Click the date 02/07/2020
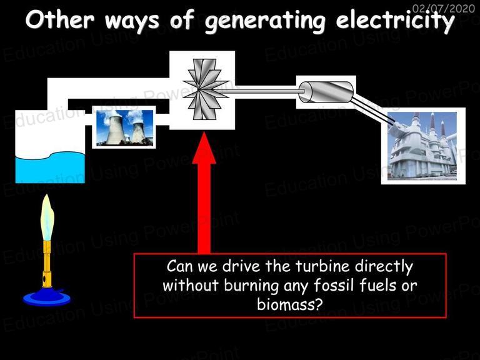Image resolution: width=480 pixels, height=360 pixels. [x=444, y=8]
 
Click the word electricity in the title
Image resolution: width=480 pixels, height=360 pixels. [x=395, y=21]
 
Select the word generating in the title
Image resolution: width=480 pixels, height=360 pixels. [x=265, y=21]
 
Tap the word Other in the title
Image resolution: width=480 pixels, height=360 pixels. [x=60, y=19]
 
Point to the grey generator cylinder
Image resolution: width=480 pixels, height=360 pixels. [x=326, y=92]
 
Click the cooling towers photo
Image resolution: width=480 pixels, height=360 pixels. [x=124, y=127]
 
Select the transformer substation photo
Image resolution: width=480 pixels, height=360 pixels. [x=422, y=146]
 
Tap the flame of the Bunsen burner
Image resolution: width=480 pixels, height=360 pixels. [x=47, y=217]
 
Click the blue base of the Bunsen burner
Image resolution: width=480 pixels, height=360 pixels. [x=46, y=297]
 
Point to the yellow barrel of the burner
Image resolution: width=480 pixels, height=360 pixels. [x=47, y=264]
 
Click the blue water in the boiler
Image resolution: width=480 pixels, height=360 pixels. [x=50, y=168]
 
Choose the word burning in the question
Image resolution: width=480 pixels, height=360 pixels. [x=251, y=286]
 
